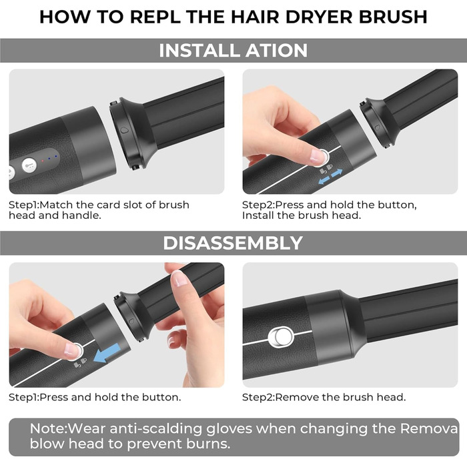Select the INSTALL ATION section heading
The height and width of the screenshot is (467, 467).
tap(233, 50)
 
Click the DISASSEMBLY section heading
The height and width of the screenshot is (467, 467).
tap(233, 243)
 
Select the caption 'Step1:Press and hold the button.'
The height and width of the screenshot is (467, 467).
tap(95, 397)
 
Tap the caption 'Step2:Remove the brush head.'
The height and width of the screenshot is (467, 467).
tap(324, 397)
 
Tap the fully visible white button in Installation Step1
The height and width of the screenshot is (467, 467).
tap(29, 165)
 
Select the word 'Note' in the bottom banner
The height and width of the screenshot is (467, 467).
tap(48, 428)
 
